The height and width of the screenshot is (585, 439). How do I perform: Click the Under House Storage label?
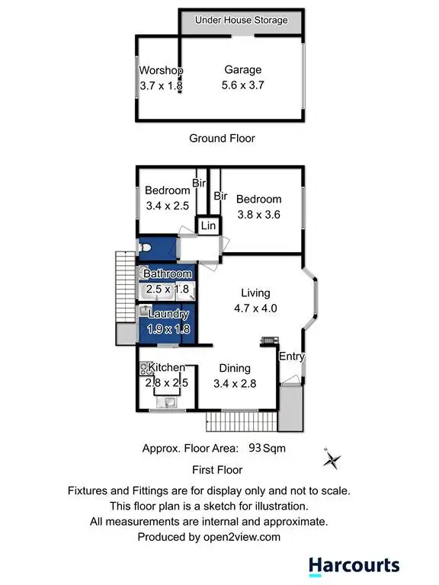point(242,20)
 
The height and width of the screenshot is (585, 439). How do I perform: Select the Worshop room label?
point(162,71)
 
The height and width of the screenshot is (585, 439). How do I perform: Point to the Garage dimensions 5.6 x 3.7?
point(243,86)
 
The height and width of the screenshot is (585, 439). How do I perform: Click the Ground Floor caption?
point(222,138)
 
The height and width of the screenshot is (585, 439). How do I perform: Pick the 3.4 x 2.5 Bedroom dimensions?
point(168,206)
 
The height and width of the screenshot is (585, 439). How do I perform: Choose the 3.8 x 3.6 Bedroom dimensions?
point(258,215)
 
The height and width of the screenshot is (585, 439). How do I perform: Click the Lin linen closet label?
point(208,226)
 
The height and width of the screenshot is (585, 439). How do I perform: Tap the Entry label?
point(292,356)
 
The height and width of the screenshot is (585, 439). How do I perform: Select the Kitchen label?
point(167,368)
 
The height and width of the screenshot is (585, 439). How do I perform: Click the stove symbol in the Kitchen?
point(143,369)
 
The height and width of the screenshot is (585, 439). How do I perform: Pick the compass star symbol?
point(332,459)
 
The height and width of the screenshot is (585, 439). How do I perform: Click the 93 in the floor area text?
point(253,449)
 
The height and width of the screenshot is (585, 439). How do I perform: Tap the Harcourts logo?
point(354,565)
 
